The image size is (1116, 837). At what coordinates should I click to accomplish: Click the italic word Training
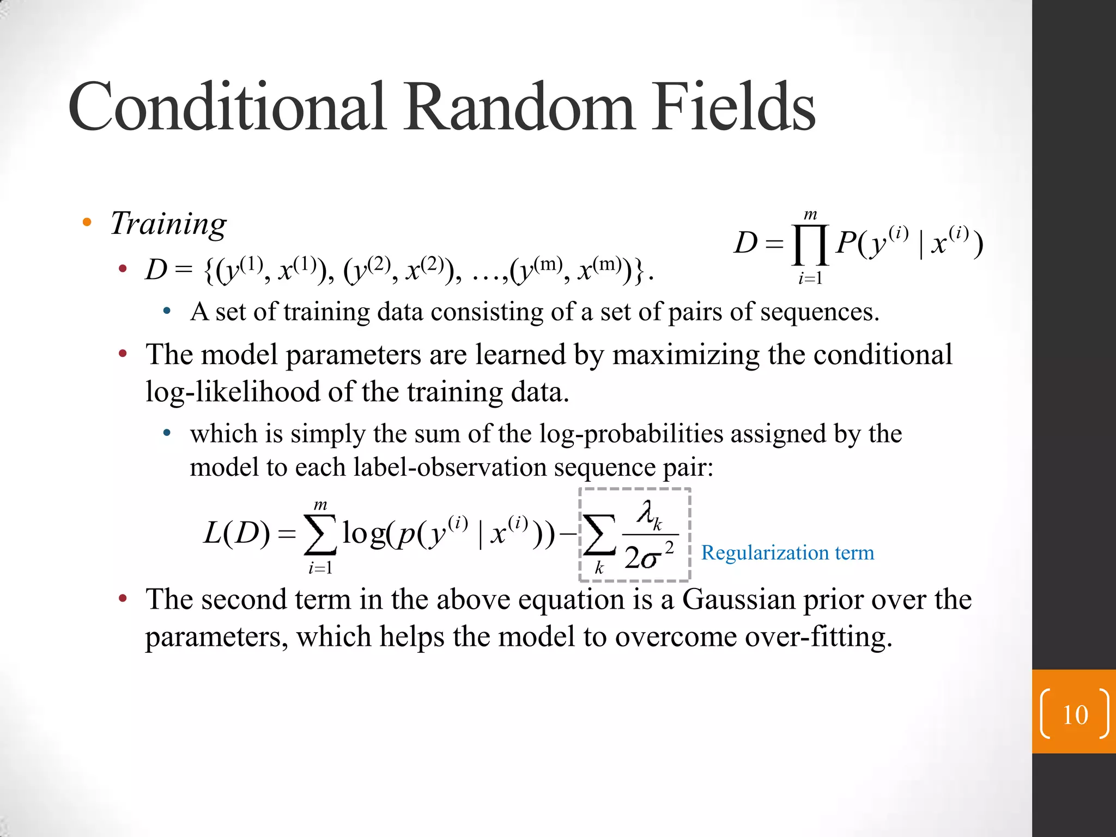pos(168,224)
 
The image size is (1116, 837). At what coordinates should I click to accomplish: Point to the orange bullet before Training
pos(87,222)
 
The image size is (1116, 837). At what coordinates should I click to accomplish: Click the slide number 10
pos(1075,714)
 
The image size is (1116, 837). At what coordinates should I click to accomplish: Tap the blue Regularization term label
pos(787,553)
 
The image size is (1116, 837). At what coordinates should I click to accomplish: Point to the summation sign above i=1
pos(320,535)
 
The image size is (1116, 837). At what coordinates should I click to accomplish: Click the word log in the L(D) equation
pos(363,533)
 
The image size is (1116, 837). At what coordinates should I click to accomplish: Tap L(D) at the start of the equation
pos(236,533)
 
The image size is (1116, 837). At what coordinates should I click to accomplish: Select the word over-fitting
pos(818,636)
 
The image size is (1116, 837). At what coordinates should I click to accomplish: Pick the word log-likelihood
pos(234,392)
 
